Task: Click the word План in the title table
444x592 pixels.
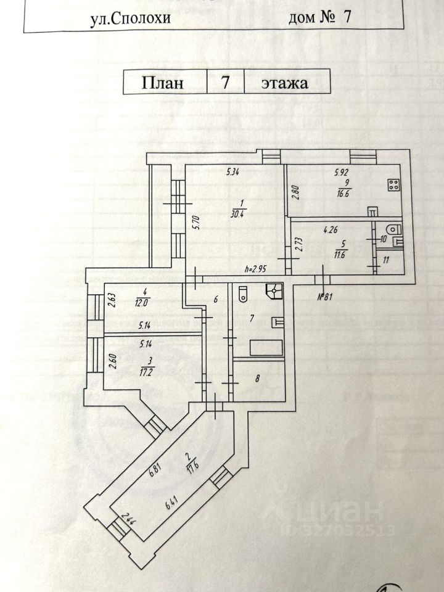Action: [x=163, y=83]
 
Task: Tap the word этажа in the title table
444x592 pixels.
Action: [x=284, y=83]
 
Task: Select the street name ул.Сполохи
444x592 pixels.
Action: [x=130, y=18]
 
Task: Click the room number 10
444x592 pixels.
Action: [x=383, y=238]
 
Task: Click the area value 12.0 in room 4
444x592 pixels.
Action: [x=142, y=302]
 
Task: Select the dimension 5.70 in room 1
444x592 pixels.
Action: [x=194, y=220]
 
